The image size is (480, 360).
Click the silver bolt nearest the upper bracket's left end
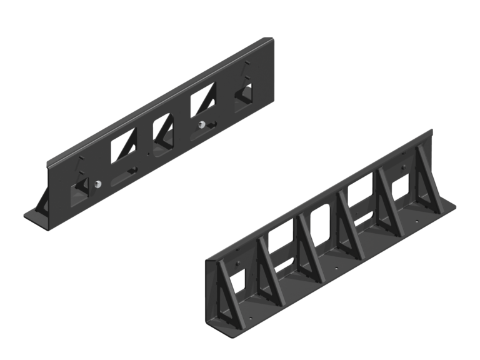(x=99, y=184)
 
